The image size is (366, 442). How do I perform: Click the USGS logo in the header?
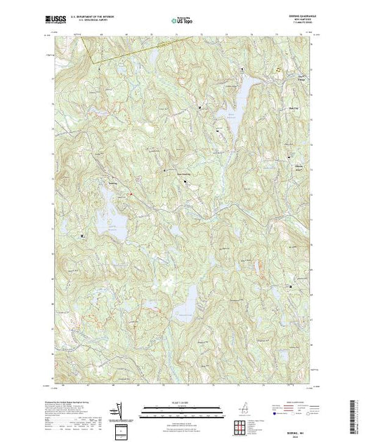point(51,22)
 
